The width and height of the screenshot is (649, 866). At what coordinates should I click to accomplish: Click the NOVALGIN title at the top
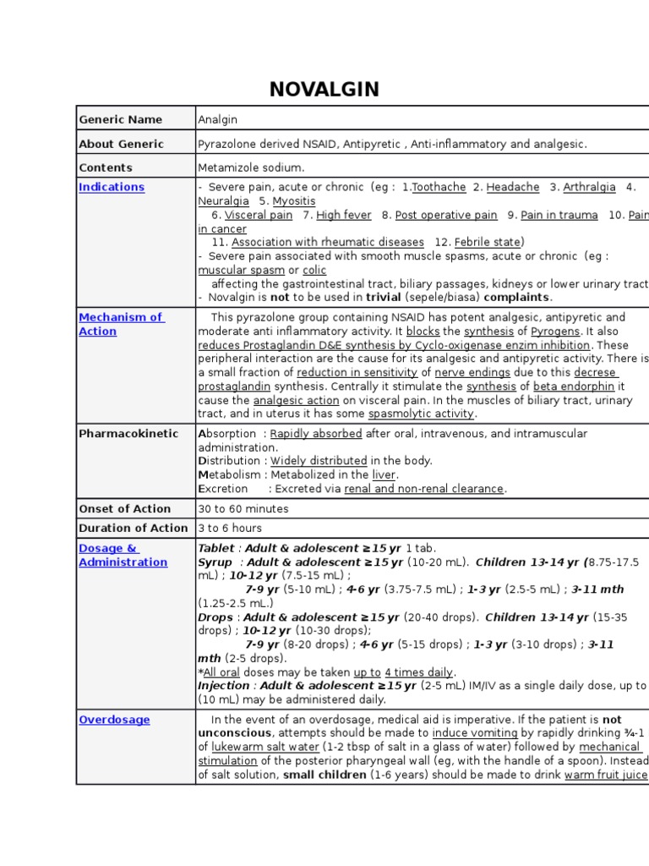[324, 89]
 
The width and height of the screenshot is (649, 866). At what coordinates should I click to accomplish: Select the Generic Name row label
[120, 119]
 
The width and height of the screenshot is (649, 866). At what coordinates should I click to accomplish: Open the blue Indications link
[112, 187]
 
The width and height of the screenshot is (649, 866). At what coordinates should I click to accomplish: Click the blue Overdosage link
[114, 720]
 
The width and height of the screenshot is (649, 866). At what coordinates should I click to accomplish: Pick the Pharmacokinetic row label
[128, 433]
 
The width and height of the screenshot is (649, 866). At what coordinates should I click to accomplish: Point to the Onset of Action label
[124, 508]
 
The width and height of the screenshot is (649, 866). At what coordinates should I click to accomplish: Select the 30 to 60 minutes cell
[243, 508]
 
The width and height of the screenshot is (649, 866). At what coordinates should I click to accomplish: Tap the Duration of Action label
[134, 528]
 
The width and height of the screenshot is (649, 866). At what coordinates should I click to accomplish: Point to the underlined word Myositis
[294, 201]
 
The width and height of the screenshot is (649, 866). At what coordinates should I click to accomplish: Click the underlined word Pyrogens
[555, 332]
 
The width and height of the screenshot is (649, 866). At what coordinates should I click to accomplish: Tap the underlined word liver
[384, 474]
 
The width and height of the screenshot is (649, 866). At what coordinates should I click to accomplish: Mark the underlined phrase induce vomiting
[474, 733]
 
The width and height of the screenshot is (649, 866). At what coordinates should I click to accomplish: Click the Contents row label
[106, 167]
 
